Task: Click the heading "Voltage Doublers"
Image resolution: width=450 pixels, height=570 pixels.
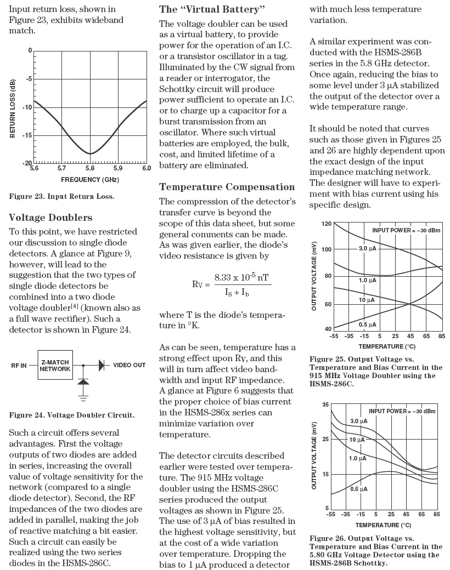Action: [51, 218]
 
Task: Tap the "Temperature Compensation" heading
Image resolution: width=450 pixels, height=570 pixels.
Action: [227, 187]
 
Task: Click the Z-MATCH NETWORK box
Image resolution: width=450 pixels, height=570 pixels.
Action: [55, 366]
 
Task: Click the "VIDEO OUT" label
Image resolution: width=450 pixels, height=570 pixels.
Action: [130, 365]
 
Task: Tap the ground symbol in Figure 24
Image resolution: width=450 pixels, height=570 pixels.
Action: [83, 392]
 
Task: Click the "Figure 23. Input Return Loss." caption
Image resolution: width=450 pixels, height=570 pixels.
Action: [61, 196]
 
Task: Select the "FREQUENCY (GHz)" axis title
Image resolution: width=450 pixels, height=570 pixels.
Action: [90, 180]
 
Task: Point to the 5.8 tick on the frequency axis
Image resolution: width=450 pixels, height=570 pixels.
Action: [90, 169]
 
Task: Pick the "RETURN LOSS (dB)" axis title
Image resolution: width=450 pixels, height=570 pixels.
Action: [13, 107]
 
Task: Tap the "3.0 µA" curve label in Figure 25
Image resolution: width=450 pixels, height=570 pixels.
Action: [367, 248]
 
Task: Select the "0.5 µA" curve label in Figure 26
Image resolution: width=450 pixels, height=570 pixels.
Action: [358, 489]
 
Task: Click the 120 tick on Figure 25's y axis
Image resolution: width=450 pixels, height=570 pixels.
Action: [327, 224]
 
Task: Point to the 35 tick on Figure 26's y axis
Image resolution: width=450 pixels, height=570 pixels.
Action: [325, 404]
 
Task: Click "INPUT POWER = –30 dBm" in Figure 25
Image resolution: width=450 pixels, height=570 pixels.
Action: [406, 230]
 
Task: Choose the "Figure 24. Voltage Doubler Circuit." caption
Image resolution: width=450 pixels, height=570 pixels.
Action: [72, 415]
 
